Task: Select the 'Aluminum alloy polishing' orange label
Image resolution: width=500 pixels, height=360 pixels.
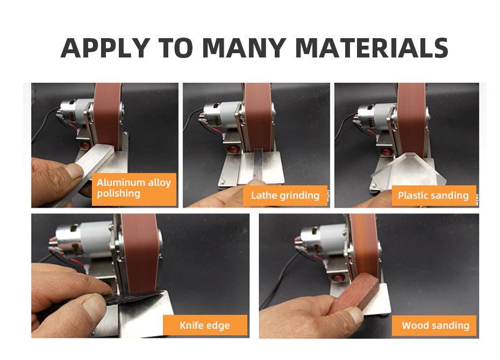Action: coord(134,188)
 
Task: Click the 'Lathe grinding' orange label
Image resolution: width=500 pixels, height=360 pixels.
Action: coord(285,195)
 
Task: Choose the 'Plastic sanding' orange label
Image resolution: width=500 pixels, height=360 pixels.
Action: coord(433,195)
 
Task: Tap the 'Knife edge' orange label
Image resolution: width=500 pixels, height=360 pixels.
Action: coord(205,325)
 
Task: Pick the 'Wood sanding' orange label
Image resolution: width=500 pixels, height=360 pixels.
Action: coord(435,325)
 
